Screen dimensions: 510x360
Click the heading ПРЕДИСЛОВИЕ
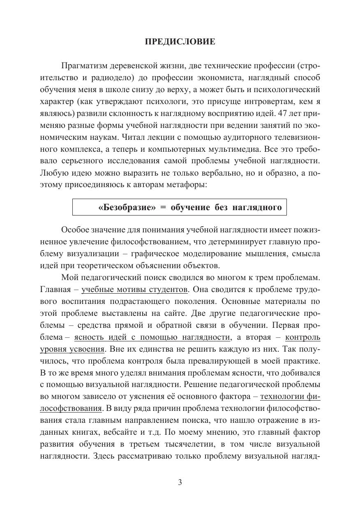(180, 42)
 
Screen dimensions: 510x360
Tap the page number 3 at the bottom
(180, 483)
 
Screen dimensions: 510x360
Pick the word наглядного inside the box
(257, 207)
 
